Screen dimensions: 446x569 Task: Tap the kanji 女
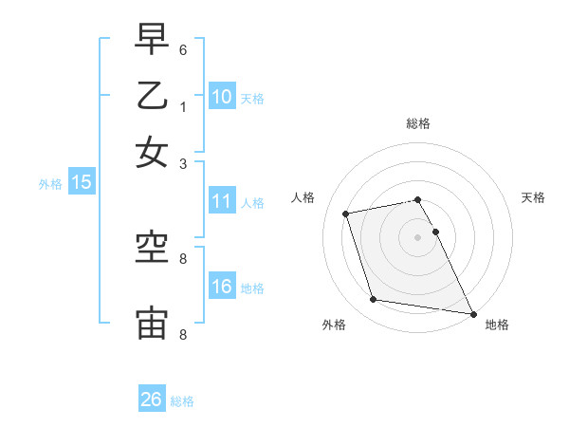pos(152,152)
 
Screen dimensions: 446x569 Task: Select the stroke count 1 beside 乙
pos(183,106)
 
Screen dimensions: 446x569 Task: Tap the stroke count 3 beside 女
pos(183,163)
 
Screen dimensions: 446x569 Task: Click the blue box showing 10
pos(222,96)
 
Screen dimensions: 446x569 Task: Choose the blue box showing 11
pos(222,201)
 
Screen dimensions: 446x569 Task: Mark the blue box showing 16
pos(222,287)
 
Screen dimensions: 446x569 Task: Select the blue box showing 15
pos(81,182)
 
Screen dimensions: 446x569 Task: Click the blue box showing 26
pos(152,400)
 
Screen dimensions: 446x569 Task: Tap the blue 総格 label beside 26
pos(182,401)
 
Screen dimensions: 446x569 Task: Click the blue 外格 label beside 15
pos(49,184)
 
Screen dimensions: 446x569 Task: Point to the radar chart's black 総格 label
pos(418,123)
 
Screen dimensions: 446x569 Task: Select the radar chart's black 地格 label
pos(497,325)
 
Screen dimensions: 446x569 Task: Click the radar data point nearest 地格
pos(471,313)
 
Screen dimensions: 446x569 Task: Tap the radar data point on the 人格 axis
pos(346,213)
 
